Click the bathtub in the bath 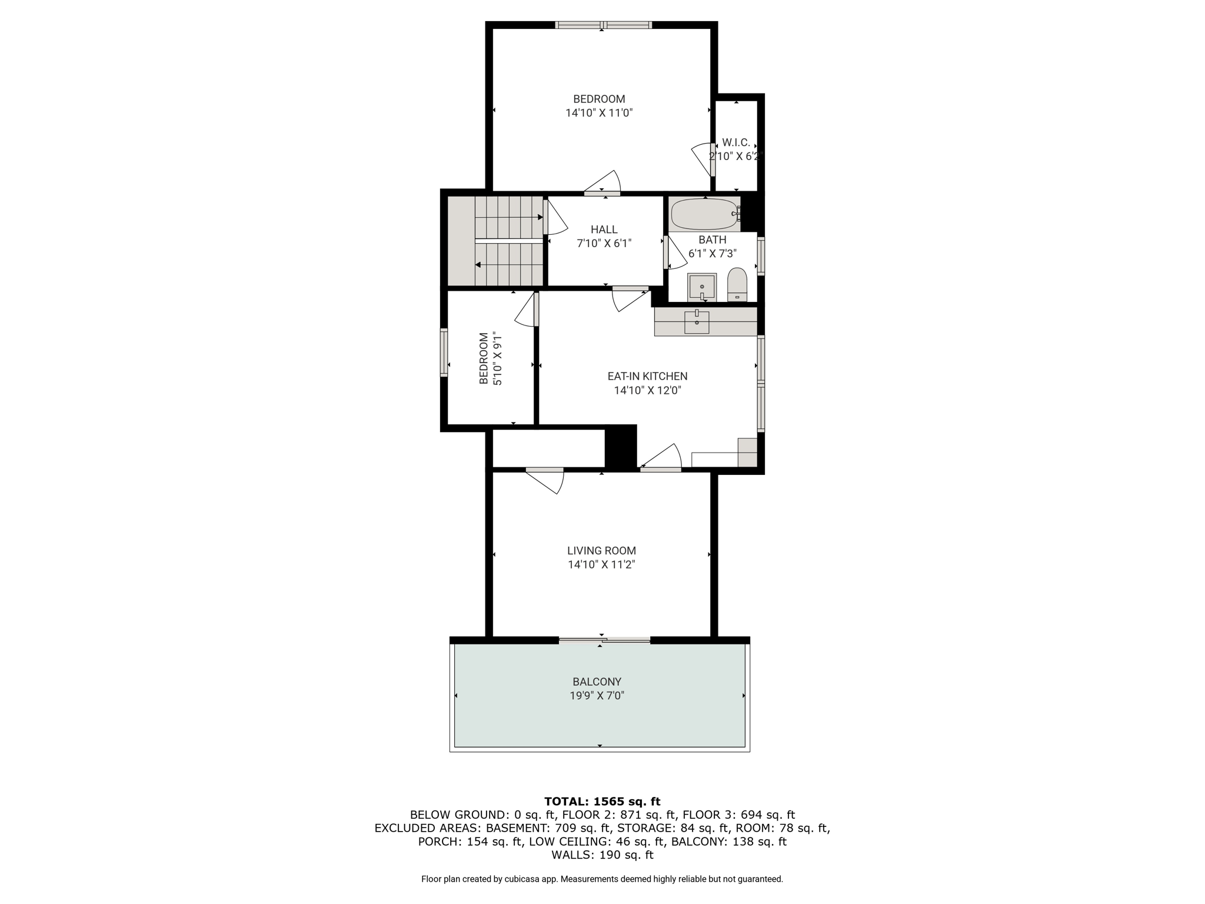[705, 214]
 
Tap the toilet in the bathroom [737, 285]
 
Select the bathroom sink [702, 287]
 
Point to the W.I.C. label [736, 142]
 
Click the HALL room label [604, 230]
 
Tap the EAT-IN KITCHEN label [647, 376]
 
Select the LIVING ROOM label [601, 551]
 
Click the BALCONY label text [597, 682]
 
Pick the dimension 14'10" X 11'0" [599, 113]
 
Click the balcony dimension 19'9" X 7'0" [597, 696]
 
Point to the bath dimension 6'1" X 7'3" [713, 254]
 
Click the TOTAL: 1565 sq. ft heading [602, 801]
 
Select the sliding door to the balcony [604, 640]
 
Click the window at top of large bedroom [604, 25]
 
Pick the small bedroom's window [444, 352]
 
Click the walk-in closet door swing [703, 159]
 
